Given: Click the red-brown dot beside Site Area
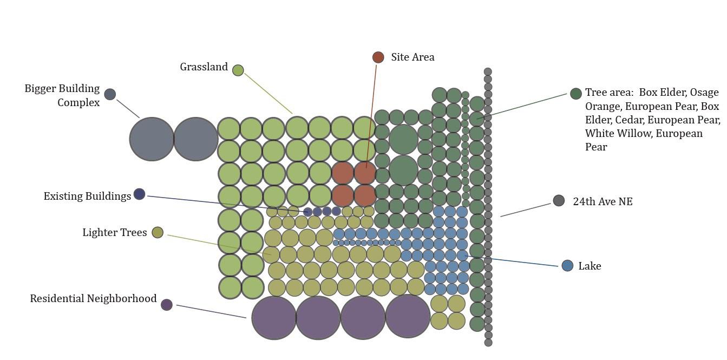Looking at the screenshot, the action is pos(378,57).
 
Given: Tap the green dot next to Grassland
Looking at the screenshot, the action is pos(238,70).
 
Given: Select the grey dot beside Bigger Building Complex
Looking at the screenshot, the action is pos(110,94).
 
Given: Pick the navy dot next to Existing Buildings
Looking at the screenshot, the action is pos(139,194).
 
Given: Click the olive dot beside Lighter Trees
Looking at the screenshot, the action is pos(158,232).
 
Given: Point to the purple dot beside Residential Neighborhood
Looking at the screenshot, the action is pos(167,305).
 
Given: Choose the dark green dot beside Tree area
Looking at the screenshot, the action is pos(576,94).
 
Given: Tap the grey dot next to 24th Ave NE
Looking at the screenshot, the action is pos(559,201).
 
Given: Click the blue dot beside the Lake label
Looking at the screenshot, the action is pos(567,266).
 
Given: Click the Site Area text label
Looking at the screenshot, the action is pos(412,57).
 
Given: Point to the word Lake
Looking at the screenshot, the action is pos(590,266).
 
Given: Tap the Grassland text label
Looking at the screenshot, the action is pos(204,67).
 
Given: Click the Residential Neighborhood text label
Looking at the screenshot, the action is pos(93,299).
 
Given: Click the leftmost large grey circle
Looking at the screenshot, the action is pos(152,139).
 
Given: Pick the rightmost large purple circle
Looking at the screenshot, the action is pos(408,316).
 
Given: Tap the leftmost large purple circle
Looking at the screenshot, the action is pos(274,318).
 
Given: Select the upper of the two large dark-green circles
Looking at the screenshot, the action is pos(403,139).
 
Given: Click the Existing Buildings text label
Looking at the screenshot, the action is pos(87,196).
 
